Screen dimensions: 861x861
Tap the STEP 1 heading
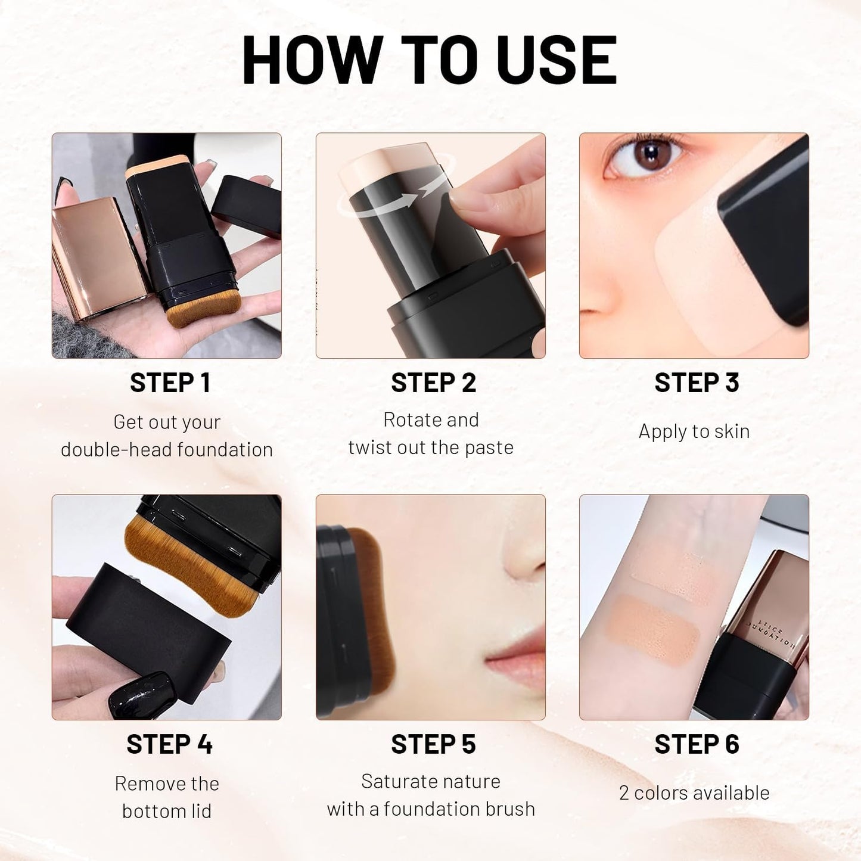(170, 383)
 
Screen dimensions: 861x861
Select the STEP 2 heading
(433, 383)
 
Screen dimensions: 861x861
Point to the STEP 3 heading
(697, 383)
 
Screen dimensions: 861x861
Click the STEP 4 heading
(169, 744)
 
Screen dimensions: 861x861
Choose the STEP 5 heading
(433, 744)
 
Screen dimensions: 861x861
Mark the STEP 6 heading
(697, 744)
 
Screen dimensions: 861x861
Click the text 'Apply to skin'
(694, 431)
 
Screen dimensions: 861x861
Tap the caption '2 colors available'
(694, 792)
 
